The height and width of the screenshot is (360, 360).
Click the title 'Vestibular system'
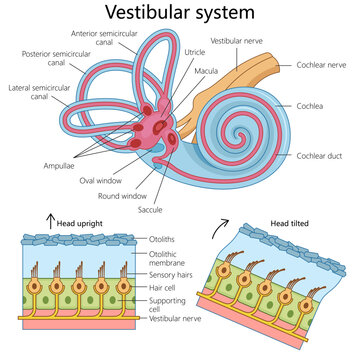pos(180,14)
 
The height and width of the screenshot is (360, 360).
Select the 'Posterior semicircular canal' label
pos(50,58)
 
